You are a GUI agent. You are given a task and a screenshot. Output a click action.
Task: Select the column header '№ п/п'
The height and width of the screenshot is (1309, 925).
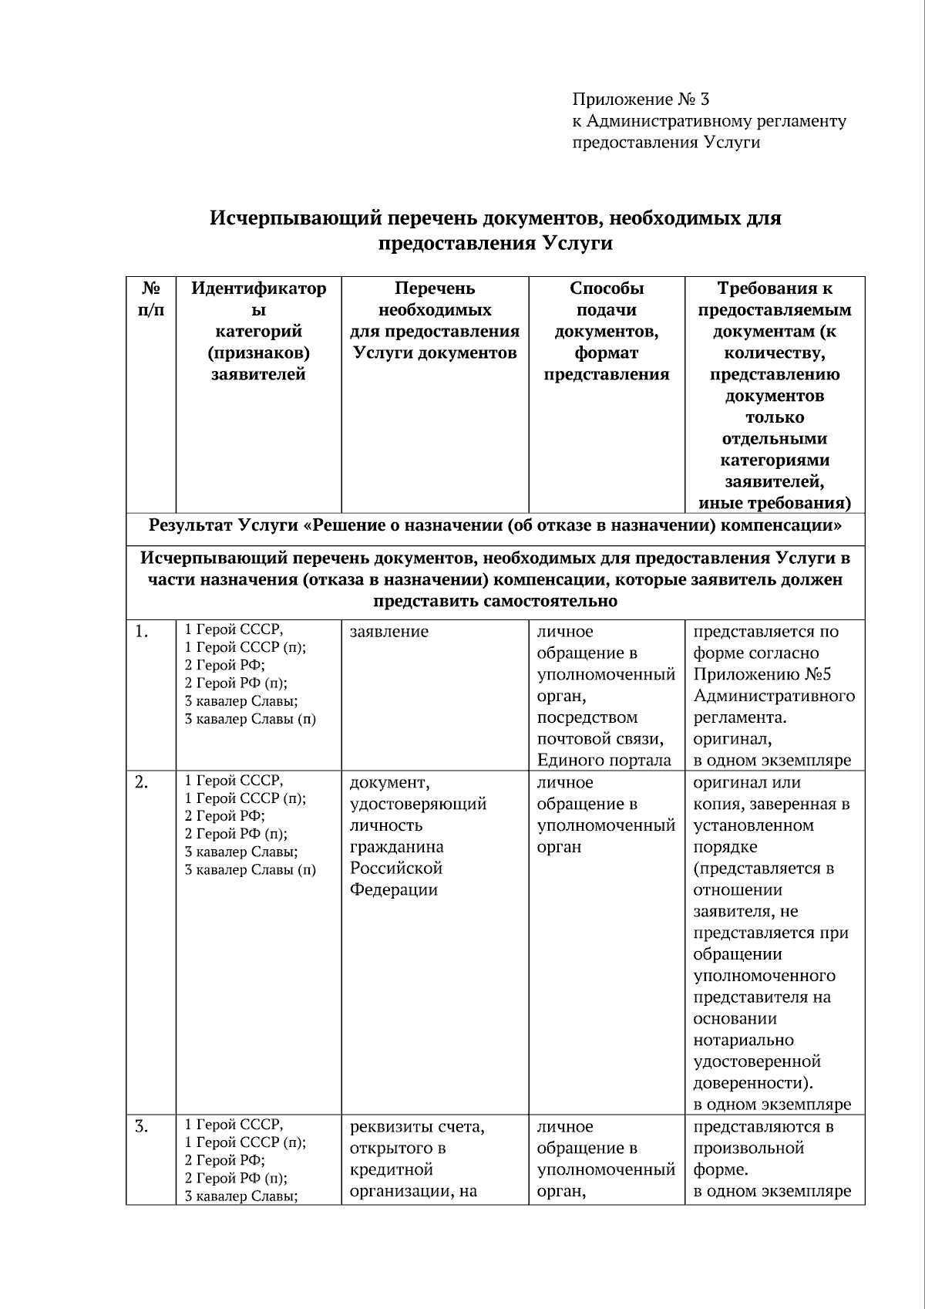click(151, 299)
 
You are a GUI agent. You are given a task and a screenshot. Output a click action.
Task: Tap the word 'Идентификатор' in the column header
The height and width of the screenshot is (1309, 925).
click(259, 288)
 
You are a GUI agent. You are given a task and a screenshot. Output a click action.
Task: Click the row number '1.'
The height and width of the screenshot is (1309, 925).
click(141, 632)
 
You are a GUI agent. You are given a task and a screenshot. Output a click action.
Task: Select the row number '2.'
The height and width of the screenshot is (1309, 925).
click(141, 783)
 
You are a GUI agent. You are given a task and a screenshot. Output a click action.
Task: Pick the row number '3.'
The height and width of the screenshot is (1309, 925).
click(141, 1127)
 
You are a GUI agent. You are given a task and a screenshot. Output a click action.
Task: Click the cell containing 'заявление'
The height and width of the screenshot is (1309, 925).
click(389, 632)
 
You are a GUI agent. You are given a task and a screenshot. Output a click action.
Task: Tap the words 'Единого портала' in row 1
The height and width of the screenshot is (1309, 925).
click(604, 761)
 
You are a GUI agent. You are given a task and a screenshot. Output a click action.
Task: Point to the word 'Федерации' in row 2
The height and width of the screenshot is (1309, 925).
click(394, 890)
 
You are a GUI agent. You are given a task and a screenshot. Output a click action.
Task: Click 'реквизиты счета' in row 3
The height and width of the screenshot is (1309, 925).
click(417, 1127)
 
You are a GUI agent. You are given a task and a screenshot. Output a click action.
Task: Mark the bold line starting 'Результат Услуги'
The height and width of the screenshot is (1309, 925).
click(495, 526)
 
